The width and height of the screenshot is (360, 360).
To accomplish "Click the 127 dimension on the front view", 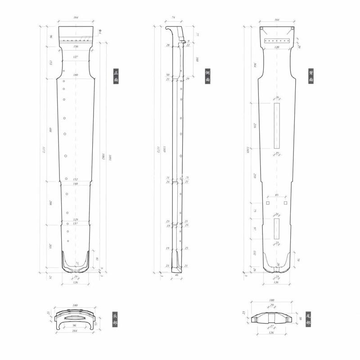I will [x=76, y=57].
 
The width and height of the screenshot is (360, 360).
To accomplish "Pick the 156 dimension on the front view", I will [x=76, y=46].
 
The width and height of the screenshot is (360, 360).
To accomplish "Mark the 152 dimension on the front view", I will [x=76, y=179].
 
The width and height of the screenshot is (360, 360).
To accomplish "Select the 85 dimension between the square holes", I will [x=276, y=195].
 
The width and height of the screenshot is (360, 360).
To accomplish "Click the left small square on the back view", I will [x=268, y=203].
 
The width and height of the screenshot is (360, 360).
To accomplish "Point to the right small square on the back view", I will [x=285, y=203].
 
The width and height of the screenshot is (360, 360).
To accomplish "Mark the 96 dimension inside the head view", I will [x=75, y=325].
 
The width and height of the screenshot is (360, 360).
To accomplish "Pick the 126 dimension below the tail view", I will [x=271, y=333].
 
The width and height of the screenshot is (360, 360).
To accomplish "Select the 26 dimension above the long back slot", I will [x=277, y=98].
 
